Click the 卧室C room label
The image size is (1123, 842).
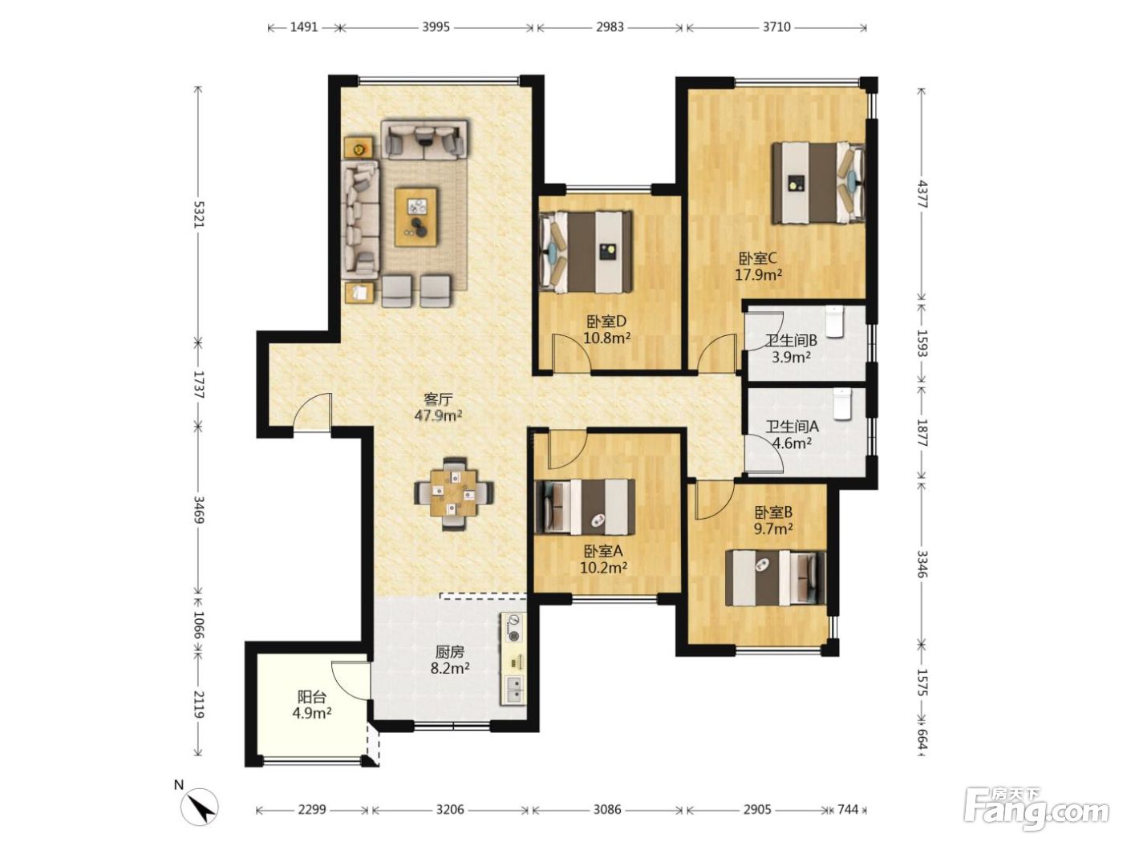click(758, 257)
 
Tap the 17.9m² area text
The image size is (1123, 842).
click(758, 275)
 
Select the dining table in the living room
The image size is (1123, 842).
click(454, 494)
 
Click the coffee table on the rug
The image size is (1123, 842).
click(416, 217)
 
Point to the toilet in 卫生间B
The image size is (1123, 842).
click(834, 322)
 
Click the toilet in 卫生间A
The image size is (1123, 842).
click(841, 404)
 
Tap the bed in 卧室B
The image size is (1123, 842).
click(775, 577)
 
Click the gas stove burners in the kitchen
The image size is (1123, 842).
click(513, 629)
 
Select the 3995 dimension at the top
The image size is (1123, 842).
click(436, 26)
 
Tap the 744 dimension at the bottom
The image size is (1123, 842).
click(848, 809)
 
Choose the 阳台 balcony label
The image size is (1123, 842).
click(311, 696)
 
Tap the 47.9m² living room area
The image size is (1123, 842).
click(439, 415)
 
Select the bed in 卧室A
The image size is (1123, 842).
click(585, 507)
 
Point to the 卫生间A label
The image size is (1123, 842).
click(793, 426)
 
